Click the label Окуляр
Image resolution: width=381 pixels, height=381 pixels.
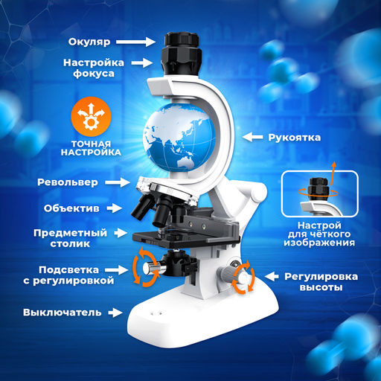click(89, 42)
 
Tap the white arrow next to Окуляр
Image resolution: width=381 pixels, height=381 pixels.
click(136, 42)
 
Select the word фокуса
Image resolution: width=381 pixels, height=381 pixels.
click(94, 74)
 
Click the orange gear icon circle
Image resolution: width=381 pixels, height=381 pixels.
click(91, 117)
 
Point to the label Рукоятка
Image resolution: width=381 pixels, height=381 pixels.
click(294, 138)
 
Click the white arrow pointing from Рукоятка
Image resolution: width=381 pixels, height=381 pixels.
click(252, 137)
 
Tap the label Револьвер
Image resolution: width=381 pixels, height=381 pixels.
click(68, 182)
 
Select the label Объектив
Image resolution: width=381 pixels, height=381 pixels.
click(71, 208)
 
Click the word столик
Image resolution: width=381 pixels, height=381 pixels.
click(70, 243)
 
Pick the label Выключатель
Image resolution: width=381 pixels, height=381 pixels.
click(63, 313)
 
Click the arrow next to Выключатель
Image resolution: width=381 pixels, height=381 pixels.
click(115, 313)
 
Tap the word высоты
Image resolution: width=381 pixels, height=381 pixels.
click(321, 287)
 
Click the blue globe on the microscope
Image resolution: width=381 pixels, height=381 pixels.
click(179, 137)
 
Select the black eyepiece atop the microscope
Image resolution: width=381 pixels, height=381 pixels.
click(182, 54)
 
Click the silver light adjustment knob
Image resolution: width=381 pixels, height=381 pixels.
click(151, 268)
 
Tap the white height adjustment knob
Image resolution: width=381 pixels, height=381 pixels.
click(242, 278)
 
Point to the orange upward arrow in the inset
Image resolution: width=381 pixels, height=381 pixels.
click(333, 173)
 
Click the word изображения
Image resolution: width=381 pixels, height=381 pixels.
click(319, 243)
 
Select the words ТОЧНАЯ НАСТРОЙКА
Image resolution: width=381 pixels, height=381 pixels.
click(91, 148)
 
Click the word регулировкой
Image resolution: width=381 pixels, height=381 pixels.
click(68, 281)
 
